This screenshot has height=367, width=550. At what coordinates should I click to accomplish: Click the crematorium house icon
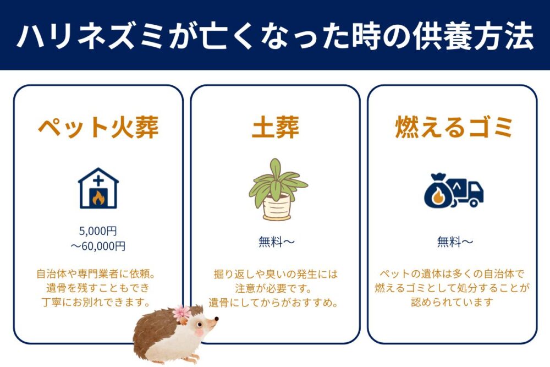point(98,188)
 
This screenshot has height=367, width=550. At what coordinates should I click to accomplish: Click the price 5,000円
point(98,231)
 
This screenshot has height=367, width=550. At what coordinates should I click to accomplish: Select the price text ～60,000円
point(98,246)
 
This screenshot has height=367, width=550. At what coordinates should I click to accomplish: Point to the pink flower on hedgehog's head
point(181,313)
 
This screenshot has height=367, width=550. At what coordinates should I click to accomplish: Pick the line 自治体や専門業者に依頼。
point(98,273)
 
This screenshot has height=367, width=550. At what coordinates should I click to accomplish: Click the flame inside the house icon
point(98,198)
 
